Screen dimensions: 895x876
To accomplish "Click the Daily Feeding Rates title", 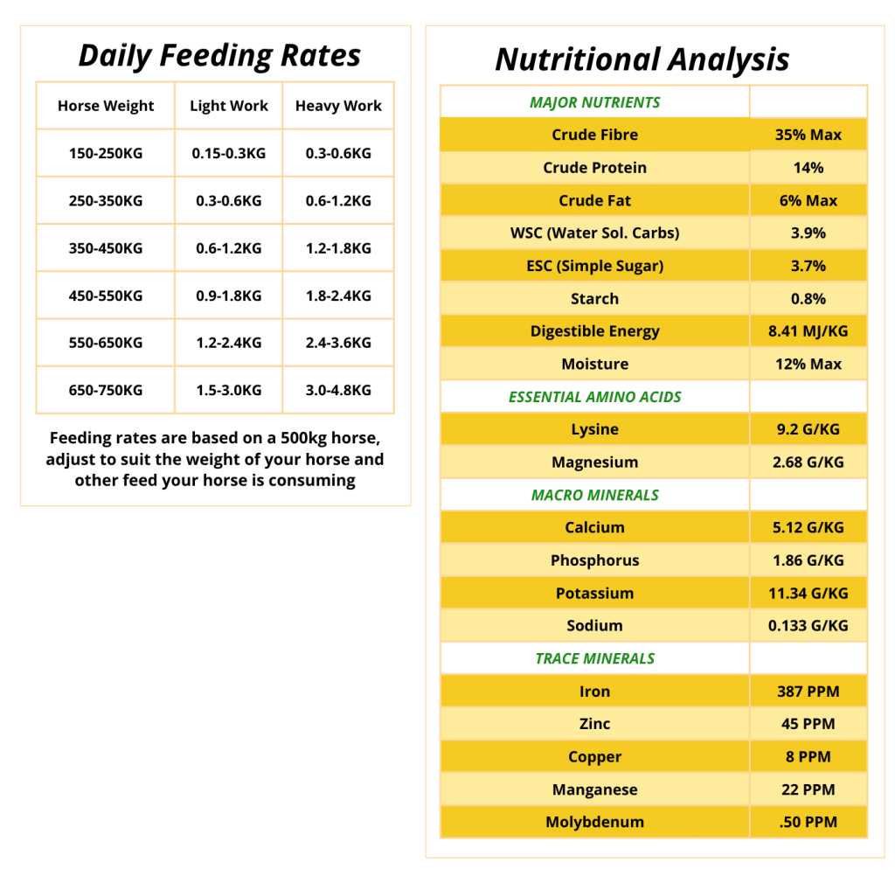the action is [x=219, y=57].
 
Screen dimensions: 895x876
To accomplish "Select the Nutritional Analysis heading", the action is [x=642, y=60].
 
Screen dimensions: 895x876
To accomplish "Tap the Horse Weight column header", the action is [x=106, y=106].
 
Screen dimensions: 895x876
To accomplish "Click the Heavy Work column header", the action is [x=338, y=106].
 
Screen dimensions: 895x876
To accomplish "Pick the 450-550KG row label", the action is [x=106, y=295].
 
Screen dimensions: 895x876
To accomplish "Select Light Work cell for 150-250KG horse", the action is [x=229, y=153].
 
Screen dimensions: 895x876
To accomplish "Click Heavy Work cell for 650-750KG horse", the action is [x=338, y=390].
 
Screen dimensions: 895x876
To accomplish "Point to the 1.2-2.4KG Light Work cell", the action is [x=229, y=343].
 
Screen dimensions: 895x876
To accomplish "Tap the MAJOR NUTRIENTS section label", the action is [x=594, y=103].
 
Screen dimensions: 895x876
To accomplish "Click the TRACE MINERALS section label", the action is [x=594, y=658].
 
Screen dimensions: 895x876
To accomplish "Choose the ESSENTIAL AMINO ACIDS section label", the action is [x=594, y=397].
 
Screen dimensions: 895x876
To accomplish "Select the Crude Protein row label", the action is [x=594, y=167].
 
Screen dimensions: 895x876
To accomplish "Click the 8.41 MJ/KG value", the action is [x=808, y=331].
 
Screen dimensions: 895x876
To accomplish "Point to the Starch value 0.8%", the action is [x=808, y=299].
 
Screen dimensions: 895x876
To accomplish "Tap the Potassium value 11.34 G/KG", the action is [x=808, y=594].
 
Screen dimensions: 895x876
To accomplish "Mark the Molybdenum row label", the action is [x=594, y=822].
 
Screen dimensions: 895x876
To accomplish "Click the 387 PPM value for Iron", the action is [x=808, y=692].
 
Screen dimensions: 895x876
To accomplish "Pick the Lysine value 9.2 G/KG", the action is [x=808, y=429].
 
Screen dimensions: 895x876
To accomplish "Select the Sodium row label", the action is [x=594, y=625].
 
